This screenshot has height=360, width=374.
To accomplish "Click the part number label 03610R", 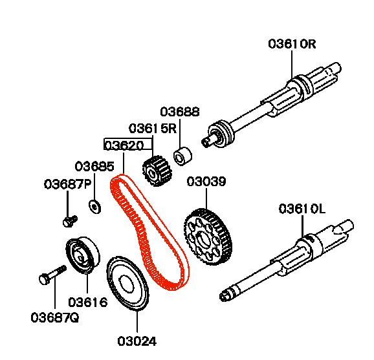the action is pyautogui.click(x=292, y=44).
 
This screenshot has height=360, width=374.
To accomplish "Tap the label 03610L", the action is pyautogui.click(x=302, y=209).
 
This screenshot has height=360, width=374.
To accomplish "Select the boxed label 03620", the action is pyautogui.click(x=124, y=145).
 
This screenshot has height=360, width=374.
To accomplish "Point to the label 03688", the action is pyautogui.click(x=180, y=112).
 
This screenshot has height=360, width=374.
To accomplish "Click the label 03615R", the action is pyautogui.click(x=153, y=129).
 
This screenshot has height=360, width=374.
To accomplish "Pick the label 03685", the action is pyautogui.click(x=94, y=166).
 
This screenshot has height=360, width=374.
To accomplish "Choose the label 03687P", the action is pyautogui.click(x=68, y=184).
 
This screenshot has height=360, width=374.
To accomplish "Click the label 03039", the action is pyautogui.click(x=206, y=182).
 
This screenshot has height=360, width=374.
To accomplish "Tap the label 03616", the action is pyautogui.click(x=88, y=302).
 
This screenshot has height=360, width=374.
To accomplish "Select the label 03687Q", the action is pyautogui.click(x=55, y=317).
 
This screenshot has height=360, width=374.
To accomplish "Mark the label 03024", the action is pyautogui.click(x=137, y=341).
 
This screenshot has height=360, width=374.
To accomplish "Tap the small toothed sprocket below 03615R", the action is pyautogui.click(x=157, y=171).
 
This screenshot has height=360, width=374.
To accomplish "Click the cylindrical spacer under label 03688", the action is pyautogui.click(x=182, y=156).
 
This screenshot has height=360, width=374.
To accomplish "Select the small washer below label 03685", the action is pyautogui.click(x=94, y=207).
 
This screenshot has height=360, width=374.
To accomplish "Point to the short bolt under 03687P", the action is pyautogui.click(x=70, y=221).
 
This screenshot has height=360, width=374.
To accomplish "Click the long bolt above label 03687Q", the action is pyautogui.click(x=52, y=275).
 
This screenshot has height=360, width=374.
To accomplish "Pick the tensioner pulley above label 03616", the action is pyautogui.click(x=83, y=255).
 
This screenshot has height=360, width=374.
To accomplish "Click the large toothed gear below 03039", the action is pyautogui.click(x=208, y=237).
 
